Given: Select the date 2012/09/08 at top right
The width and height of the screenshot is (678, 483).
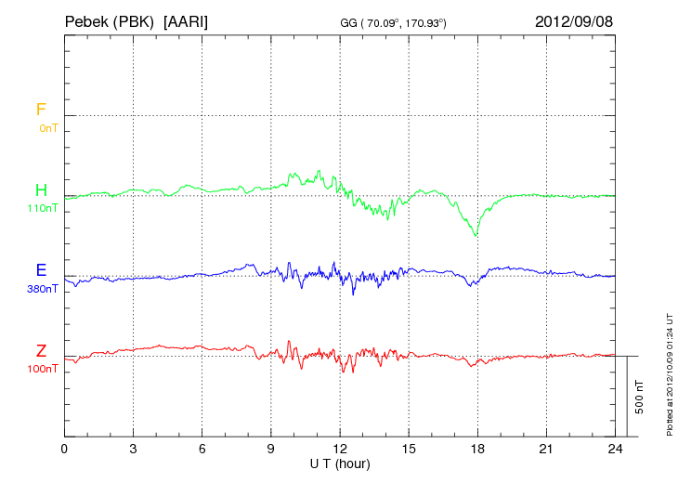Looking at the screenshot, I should (x=573, y=20).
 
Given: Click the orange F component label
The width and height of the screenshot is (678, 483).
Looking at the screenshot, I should (x=41, y=110).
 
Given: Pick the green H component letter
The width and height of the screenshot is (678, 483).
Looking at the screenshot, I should (x=41, y=190).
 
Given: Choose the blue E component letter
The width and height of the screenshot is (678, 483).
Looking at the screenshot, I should (x=41, y=270).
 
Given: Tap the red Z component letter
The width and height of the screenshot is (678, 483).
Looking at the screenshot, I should (x=41, y=350).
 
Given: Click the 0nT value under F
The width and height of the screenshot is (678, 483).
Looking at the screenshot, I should (x=48, y=128).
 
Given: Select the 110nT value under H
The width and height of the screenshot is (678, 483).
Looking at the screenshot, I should (x=43, y=208).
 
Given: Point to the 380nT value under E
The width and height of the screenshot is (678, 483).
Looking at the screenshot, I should (x=43, y=289).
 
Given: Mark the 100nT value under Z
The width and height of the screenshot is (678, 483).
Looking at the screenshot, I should (x=43, y=369).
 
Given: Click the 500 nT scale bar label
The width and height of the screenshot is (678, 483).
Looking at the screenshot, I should (x=640, y=397).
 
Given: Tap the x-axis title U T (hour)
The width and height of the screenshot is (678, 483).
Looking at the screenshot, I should (x=340, y=463).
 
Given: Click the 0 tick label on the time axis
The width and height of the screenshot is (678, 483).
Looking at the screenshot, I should (x=64, y=449).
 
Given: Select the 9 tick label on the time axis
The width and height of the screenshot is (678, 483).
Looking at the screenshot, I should (x=271, y=449).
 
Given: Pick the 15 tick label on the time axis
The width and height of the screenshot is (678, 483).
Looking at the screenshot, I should (x=409, y=449).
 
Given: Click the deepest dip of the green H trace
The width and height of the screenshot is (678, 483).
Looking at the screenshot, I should (x=476, y=235).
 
